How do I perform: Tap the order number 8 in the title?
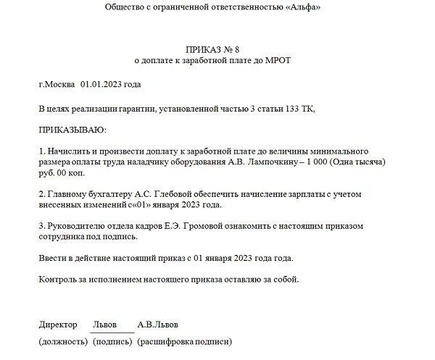click(236, 49)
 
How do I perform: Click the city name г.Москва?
click(57, 85)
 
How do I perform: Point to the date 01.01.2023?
click(102, 85)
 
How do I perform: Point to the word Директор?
click(59, 324)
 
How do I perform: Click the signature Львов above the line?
click(107, 324)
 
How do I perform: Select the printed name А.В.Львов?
click(158, 324)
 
